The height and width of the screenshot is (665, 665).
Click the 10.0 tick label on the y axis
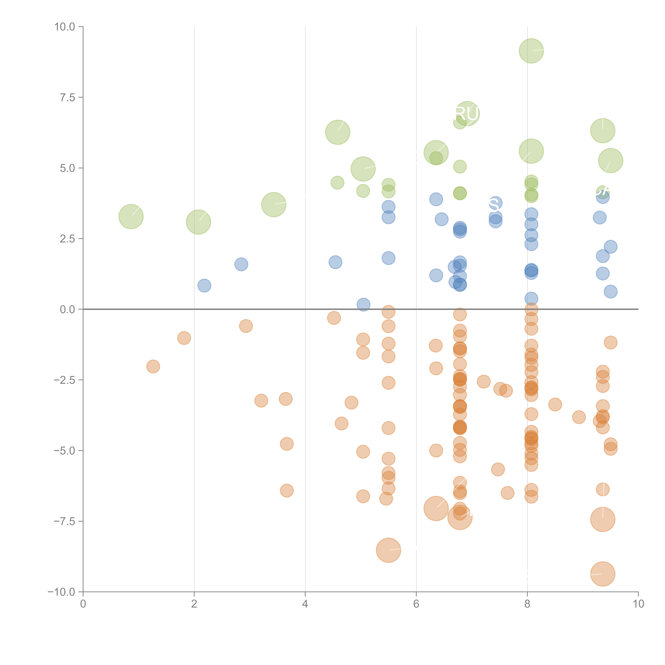pos(65,27)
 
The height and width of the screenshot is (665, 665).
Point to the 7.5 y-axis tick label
pos(67,97)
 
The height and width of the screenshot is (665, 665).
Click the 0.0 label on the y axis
pos(67,309)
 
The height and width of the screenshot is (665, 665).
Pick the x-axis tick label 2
pos(194,604)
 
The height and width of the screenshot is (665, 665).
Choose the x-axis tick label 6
pos(416,604)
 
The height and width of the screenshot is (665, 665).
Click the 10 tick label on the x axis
pos(638,604)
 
